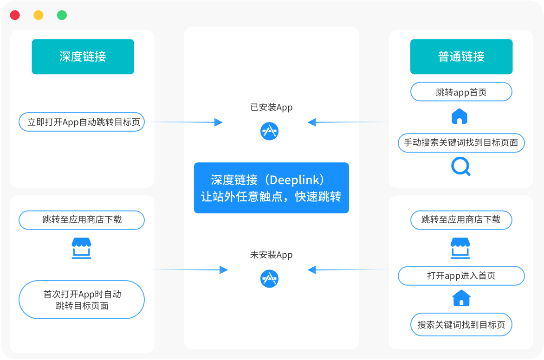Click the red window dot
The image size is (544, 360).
point(15,15)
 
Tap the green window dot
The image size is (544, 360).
point(62,15)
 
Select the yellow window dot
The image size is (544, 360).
point(38,15)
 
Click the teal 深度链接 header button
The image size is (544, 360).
point(83,57)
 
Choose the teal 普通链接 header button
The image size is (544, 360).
point(461,57)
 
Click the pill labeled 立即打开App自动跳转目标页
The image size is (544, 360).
point(82,122)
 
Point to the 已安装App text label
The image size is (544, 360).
point(271,108)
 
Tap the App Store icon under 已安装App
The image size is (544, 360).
point(269,131)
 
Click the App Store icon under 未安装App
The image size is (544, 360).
point(269,278)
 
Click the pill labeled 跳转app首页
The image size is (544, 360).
point(461,92)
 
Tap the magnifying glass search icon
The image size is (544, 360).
point(460,166)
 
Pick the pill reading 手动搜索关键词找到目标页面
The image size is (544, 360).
point(461,143)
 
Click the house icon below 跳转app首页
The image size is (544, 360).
point(460,116)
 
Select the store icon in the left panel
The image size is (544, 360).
point(82,248)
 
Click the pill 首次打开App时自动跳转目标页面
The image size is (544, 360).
point(82,300)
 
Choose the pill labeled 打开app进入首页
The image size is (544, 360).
point(461,276)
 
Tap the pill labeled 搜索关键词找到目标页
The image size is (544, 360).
point(461,325)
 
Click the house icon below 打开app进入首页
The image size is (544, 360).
point(461,298)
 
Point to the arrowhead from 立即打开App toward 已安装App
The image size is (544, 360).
point(218,122)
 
